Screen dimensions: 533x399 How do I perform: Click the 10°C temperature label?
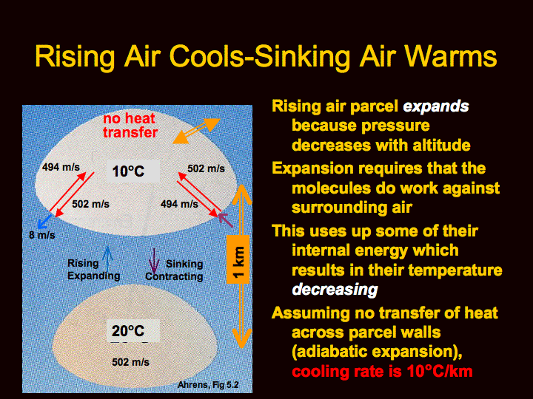click(x=128, y=171)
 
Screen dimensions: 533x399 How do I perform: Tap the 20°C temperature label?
click(x=128, y=331)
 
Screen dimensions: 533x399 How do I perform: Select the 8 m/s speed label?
click(x=41, y=235)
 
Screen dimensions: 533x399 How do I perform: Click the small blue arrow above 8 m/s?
click(x=44, y=221)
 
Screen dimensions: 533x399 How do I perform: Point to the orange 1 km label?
click(x=238, y=259)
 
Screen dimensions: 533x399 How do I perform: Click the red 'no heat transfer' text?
click(x=130, y=126)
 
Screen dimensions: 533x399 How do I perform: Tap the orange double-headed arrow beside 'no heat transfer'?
click(x=196, y=131)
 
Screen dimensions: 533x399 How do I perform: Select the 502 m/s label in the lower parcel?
click(x=130, y=362)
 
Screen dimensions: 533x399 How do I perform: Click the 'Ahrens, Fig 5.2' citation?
click(x=208, y=385)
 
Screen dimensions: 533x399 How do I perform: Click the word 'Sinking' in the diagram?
click(x=184, y=264)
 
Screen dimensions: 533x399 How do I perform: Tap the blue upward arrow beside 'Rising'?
click(x=108, y=259)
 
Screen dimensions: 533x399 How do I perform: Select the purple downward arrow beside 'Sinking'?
click(x=154, y=262)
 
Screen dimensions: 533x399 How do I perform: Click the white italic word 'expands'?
click(x=436, y=107)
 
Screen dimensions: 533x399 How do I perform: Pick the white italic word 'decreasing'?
click(x=335, y=290)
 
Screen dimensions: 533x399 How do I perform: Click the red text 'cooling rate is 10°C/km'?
click(x=383, y=372)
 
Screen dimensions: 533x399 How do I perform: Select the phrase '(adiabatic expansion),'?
click(x=377, y=352)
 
